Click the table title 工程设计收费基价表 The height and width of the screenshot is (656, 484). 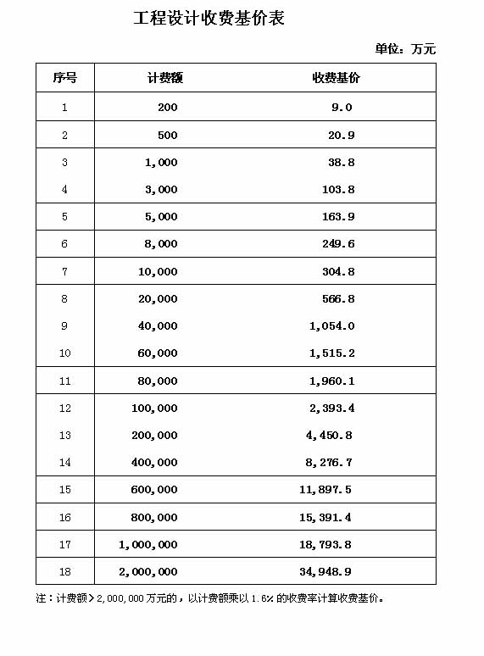209,19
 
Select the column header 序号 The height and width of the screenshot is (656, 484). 64,78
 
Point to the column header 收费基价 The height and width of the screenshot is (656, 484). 337,78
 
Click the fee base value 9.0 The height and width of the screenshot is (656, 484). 342,108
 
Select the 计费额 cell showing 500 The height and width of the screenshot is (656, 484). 167,136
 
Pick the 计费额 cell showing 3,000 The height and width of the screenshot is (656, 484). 161,190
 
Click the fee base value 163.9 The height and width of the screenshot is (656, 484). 338,217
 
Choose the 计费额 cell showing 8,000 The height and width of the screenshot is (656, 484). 161,244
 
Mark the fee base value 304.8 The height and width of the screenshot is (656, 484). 338,272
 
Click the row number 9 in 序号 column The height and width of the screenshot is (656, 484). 64,326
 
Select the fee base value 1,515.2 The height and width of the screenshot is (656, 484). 332,353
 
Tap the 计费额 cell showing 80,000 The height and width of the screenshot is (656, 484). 158,381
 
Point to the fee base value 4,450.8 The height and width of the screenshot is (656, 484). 329,436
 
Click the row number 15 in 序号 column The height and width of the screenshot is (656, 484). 65,490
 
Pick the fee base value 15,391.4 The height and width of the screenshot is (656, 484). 325,518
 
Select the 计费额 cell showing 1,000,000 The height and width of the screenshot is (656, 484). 148,545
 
